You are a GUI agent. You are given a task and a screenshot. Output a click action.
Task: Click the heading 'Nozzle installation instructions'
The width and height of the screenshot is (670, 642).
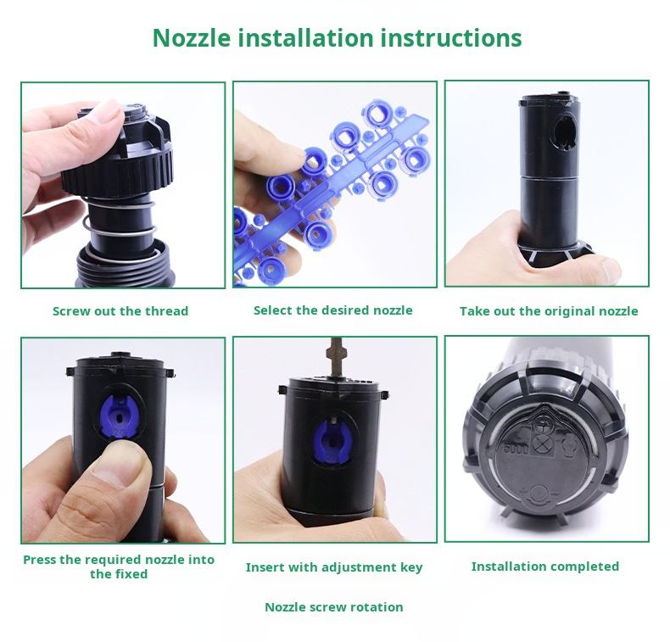pos(338,37)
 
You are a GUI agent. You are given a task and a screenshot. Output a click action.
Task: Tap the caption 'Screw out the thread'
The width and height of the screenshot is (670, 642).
pos(120,311)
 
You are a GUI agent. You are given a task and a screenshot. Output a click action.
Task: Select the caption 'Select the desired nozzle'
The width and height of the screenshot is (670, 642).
pos(333,310)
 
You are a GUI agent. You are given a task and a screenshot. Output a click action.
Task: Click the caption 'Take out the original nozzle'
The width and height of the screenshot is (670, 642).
pos(549,311)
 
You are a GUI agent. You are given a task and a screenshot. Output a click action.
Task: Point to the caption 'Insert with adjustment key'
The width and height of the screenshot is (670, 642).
pos(334,567)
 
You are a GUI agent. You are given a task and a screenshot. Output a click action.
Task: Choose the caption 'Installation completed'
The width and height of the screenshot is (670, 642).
pos(545,567)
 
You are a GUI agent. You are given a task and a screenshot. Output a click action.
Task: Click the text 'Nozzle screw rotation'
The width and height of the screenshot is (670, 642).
pos(334,607)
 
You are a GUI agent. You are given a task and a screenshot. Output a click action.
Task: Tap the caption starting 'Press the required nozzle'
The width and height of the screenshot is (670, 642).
pos(119,567)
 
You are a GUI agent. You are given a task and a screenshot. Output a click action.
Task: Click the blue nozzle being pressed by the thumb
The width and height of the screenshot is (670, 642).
pos(120,416)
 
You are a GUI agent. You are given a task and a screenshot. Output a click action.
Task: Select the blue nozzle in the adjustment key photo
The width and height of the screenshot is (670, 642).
pos(332,441)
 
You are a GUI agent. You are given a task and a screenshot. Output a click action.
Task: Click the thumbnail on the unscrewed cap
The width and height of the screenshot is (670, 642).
pos(105,112)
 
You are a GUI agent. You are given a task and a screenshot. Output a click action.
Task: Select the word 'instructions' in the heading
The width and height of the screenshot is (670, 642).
pos(451,37)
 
